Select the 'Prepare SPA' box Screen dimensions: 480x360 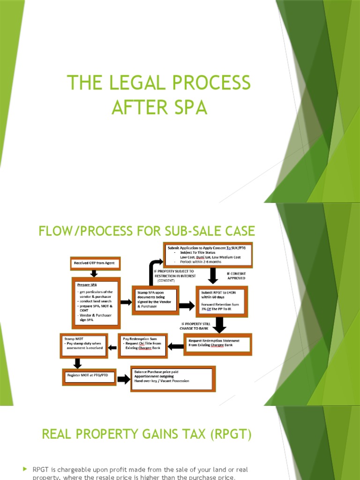(x=96, y=302)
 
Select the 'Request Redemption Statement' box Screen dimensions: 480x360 (x=217, y=344)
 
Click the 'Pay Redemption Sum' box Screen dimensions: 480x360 (x=142, y=345)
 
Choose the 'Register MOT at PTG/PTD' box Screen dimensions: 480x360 (x=89, y=376)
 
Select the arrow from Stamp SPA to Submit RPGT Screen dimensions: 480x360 (x=186, y=305)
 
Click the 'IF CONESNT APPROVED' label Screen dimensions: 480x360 (x=236, y=275)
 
